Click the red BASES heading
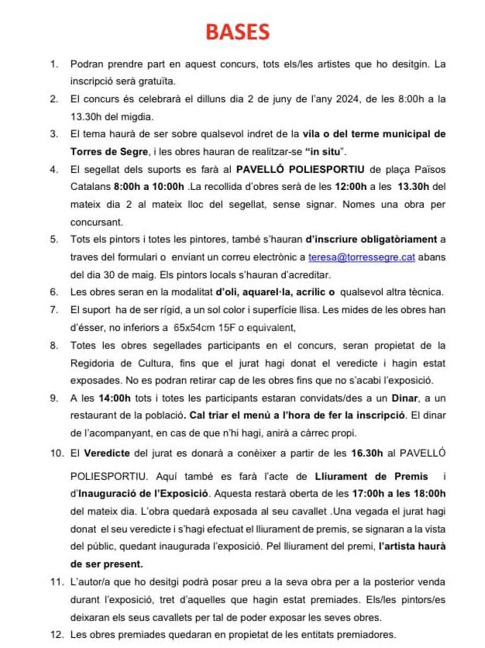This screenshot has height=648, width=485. coord(237,32)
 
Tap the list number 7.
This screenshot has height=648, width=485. coord(53,310)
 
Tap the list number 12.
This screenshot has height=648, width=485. coord(55,634)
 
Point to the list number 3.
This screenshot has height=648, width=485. coord(53,133)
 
